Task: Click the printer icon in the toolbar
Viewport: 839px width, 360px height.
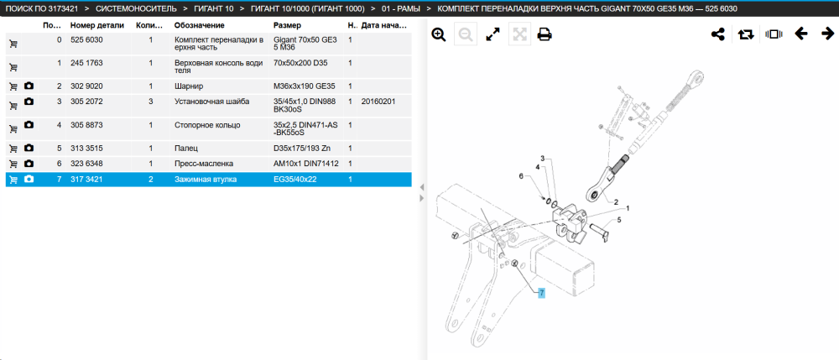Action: [x=545, y=34]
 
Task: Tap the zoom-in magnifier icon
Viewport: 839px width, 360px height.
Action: [x=439, y=34]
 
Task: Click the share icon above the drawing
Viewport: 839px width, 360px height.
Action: [x=717, y=34]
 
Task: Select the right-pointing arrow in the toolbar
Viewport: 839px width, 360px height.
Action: [x=827, y=34]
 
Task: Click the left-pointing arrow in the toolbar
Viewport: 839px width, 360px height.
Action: [x=801, y=34]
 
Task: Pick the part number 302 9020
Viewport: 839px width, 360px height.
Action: [x=86, y=86]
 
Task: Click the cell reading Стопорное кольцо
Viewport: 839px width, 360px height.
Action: [x=207, y=125]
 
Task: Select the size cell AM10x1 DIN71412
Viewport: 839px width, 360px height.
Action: [x=306, y=163]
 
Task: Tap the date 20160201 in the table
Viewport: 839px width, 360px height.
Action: [x=378, y=101]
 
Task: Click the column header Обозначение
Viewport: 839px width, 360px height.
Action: [x=200, y=25]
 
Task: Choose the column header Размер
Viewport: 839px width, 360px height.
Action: [x=287, y=25]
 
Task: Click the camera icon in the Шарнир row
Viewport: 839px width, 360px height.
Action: [x=29, y=86]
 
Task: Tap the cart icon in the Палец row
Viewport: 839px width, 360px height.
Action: [x=13, y=149]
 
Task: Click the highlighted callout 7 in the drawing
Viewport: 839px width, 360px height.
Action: [x=541, y=293]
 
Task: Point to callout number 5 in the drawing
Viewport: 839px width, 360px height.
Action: [x=619, y=219]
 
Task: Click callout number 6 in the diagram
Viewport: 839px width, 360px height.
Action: [x=521, y=176]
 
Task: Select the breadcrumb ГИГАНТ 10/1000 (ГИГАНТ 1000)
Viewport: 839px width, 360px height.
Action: [x=308, y=8]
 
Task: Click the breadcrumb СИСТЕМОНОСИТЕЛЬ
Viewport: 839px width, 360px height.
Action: [x=136, y=8]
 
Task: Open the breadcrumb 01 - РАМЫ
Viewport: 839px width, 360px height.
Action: [x=401, y=8]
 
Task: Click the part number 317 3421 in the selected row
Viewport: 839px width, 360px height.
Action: [x=86, y=180]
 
